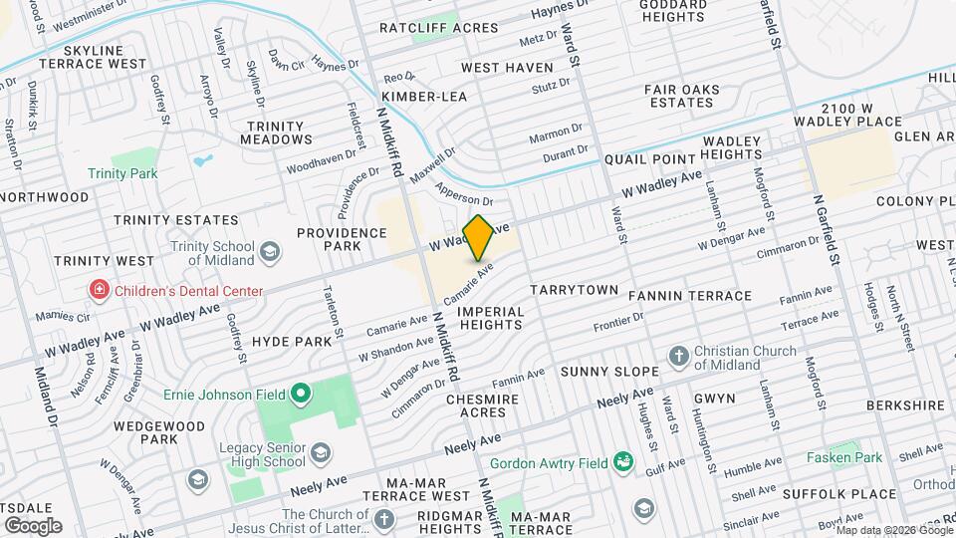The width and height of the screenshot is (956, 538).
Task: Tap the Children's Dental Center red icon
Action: click(x=99, y=291)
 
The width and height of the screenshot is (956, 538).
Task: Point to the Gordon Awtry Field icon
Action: click(x=623, y=461)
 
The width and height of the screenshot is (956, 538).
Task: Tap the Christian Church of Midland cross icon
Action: click(x=678, y=357)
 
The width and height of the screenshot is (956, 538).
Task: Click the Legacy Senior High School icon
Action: click(x=321, y=455)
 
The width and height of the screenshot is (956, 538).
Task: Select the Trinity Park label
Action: click(x=150, y=173)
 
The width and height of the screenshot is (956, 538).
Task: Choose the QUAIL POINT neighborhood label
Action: click(x=647, y=159)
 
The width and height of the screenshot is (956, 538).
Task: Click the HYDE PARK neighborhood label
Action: click(x=291, y=341)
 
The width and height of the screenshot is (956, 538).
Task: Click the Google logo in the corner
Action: click(x=33, y=525)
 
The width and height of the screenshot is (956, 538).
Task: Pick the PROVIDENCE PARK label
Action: click(x=342, y=239)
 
